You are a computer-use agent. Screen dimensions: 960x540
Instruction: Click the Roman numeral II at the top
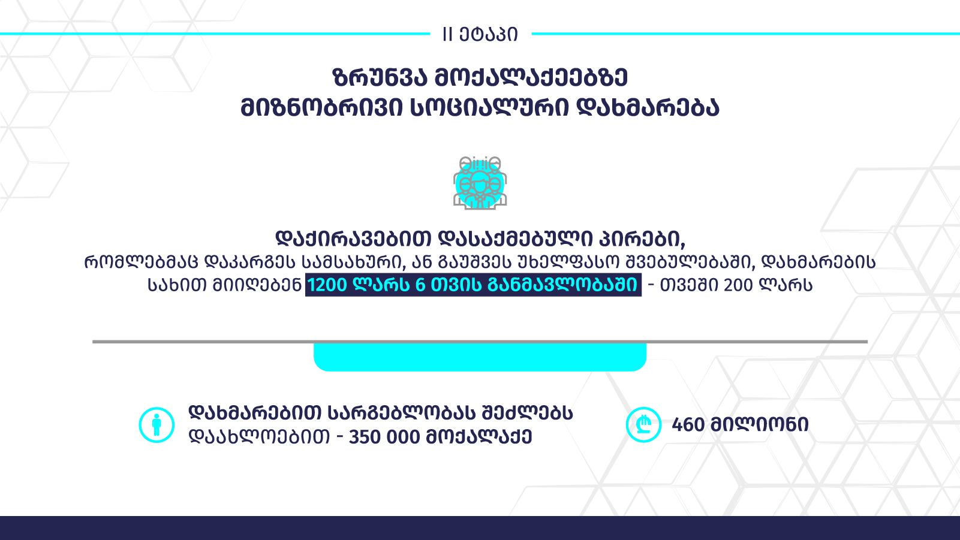pyautogui.click(x=447, y=34)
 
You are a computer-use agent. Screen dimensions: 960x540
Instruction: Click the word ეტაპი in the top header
pyautogui.click(x=489, y=34)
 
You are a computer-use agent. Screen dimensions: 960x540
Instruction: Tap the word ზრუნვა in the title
pyautogui.click(x=380, y=77)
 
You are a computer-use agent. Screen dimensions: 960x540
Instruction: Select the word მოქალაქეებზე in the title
pyautogui.click(x=531, y=77)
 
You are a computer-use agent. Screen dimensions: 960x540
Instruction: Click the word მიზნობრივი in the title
pyautogui.click(x=322, y=107)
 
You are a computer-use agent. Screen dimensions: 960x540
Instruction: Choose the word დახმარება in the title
pyautogui.click(x=647, y=107)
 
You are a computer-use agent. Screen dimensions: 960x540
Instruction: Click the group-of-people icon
pyautogui.click(x=480, y=183)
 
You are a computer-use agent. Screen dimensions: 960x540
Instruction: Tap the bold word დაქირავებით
pyautogui.click(x=353, y=239)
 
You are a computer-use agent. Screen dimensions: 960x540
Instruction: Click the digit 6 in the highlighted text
pyautogui.click(x=420, y=285)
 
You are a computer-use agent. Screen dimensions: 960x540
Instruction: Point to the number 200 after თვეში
pyautogui.click(x=738, y=285)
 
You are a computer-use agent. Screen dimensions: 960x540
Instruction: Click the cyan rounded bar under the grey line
pyautogui.click(x=480, y=357)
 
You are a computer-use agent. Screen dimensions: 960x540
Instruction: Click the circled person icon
pyautogui.click(x=157, y=425)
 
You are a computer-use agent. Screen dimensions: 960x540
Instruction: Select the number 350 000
pyautogui.click(x=384, y=438)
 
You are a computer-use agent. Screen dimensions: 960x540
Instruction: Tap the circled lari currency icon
pyautogui.click(x=643, y=424)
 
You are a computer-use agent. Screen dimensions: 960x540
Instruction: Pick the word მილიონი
pyautogui.click(x=760, y=425)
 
